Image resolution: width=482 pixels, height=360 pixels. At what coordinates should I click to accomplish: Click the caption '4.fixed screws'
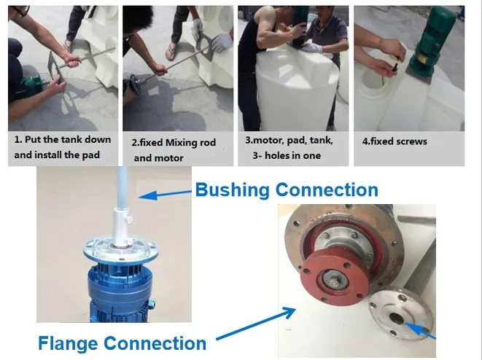coord(394,141)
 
